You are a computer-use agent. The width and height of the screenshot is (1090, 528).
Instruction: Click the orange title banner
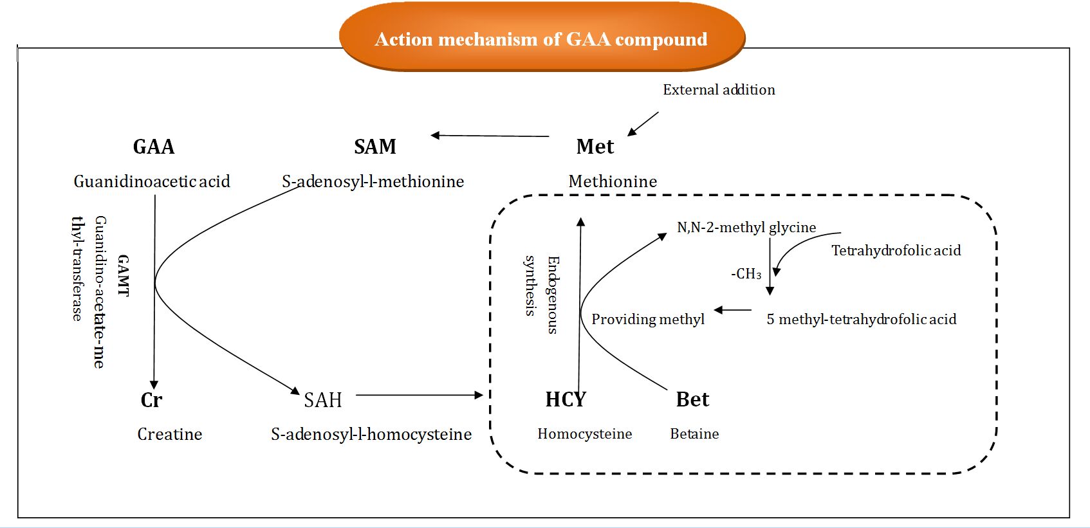(542, 39)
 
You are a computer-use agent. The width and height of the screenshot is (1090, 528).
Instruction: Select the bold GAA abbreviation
(153, 147)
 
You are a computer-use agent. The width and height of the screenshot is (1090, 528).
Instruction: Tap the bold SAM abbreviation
(374, 147)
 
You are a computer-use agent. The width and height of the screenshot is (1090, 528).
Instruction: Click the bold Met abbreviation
(595, 147)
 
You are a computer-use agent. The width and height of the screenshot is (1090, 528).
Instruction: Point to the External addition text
(719, 90)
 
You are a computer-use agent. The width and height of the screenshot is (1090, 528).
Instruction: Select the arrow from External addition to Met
(643, 123)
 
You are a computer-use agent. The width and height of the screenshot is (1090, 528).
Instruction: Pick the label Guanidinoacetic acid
(152, 181)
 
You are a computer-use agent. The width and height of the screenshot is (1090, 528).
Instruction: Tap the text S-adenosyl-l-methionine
(373, 181)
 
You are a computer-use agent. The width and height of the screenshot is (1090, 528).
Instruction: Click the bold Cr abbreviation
(151, 400)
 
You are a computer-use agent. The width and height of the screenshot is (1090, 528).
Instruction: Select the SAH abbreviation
(322, 400)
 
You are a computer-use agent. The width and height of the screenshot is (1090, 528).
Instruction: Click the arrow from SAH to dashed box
(418, 395)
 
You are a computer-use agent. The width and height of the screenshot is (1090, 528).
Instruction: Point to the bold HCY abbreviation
(565, 399)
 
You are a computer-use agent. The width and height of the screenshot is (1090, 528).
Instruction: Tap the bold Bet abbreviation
(692, 399)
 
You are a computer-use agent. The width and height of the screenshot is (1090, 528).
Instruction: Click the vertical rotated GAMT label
(124, 275)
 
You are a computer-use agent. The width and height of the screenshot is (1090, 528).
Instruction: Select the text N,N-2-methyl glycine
(746, 227)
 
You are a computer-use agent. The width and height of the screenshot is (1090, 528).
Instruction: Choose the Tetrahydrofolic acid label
(896, 250)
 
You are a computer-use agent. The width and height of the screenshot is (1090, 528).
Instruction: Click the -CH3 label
(746, 274)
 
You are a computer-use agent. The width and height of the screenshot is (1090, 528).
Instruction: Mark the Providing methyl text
(647, 319)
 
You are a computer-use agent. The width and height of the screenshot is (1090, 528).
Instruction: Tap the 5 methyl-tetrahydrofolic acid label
(861, 319)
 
